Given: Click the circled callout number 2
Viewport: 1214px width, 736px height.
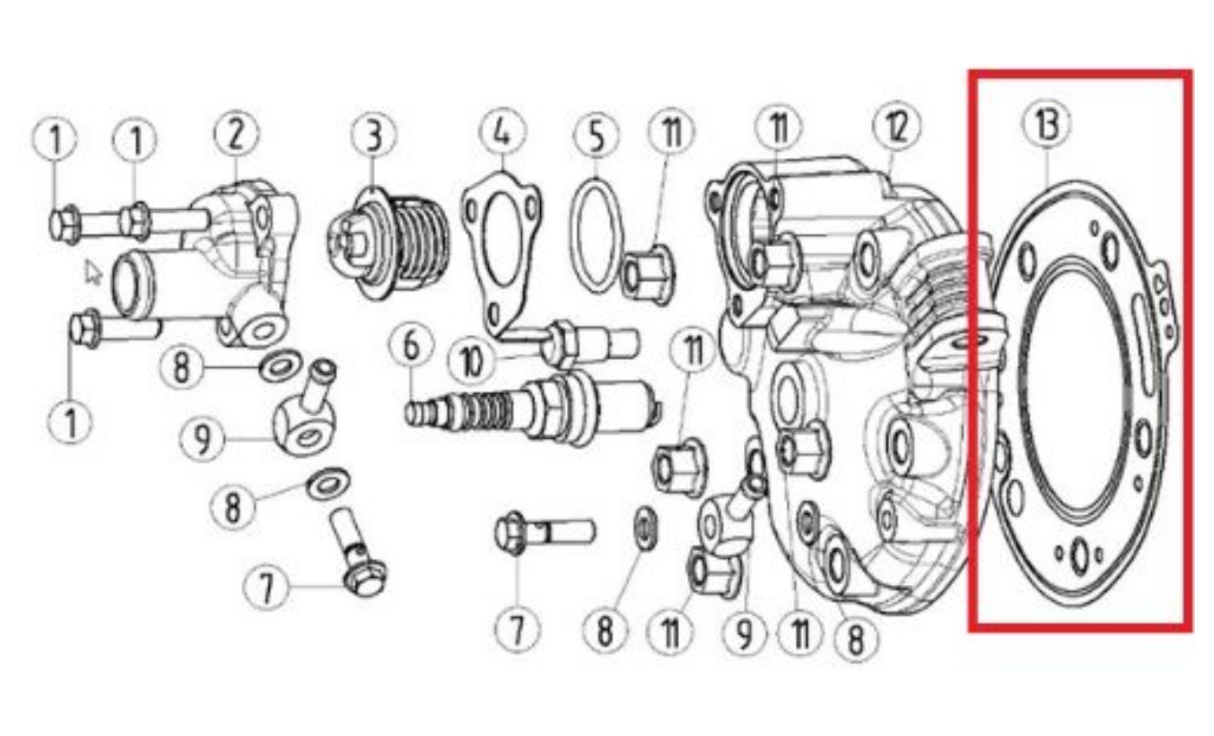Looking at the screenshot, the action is (236, 134).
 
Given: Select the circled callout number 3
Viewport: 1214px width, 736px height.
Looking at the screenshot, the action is (373, 135).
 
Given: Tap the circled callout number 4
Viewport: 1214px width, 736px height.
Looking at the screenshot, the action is (502, 131).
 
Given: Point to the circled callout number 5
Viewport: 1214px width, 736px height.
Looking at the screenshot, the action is (595, 136).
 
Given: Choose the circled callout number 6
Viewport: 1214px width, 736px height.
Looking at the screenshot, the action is (411, 346).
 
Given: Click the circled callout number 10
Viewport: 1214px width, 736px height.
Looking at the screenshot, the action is (472, 361).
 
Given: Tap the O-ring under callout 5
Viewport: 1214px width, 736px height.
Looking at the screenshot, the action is (595, 237).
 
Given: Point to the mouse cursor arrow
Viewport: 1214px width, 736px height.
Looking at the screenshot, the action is (93, 272).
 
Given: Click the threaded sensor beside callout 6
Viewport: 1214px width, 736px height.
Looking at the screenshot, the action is (533, 408).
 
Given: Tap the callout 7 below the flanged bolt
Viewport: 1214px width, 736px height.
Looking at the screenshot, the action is (518, 629).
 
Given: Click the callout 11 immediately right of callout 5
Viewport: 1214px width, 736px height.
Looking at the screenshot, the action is (671, 131).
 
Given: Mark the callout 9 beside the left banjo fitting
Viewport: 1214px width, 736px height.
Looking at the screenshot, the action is (202, 439).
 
